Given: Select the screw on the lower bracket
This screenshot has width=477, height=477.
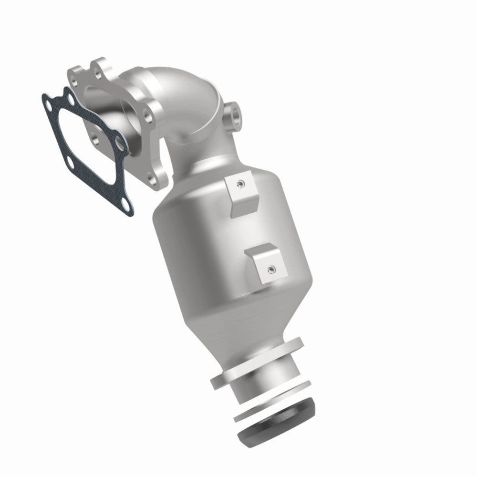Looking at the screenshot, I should pos(270,269).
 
